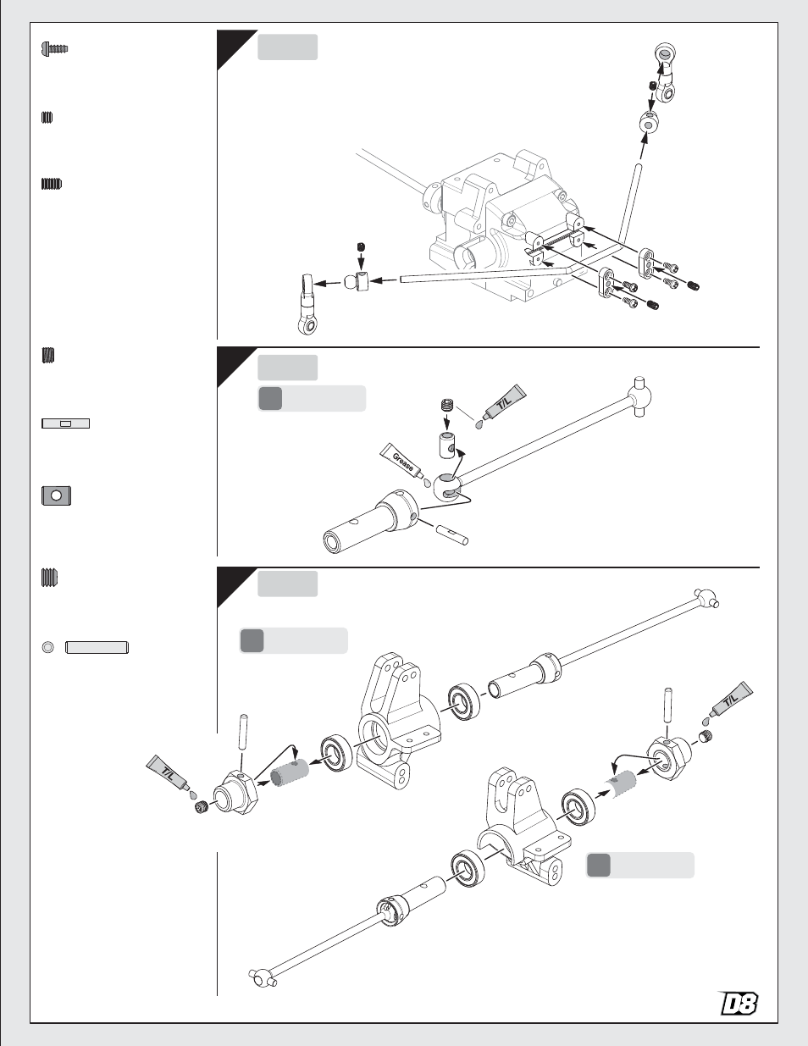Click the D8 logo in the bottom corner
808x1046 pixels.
pyautogui.click(x=738, y=1004)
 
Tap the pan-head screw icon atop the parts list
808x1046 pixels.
pyautogui.click(x=53, y=49)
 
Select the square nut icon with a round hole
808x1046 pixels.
pyautogui.click(x=56, y=495)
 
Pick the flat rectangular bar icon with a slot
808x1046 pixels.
pyautogui.click(x=65, y=423)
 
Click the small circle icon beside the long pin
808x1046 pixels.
pyautogui.click(x=48, y=648)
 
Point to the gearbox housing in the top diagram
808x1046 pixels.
pyautogui.click(x=500, y=229)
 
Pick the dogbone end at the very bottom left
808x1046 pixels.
pyautogui.click(x=263, y=977)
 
